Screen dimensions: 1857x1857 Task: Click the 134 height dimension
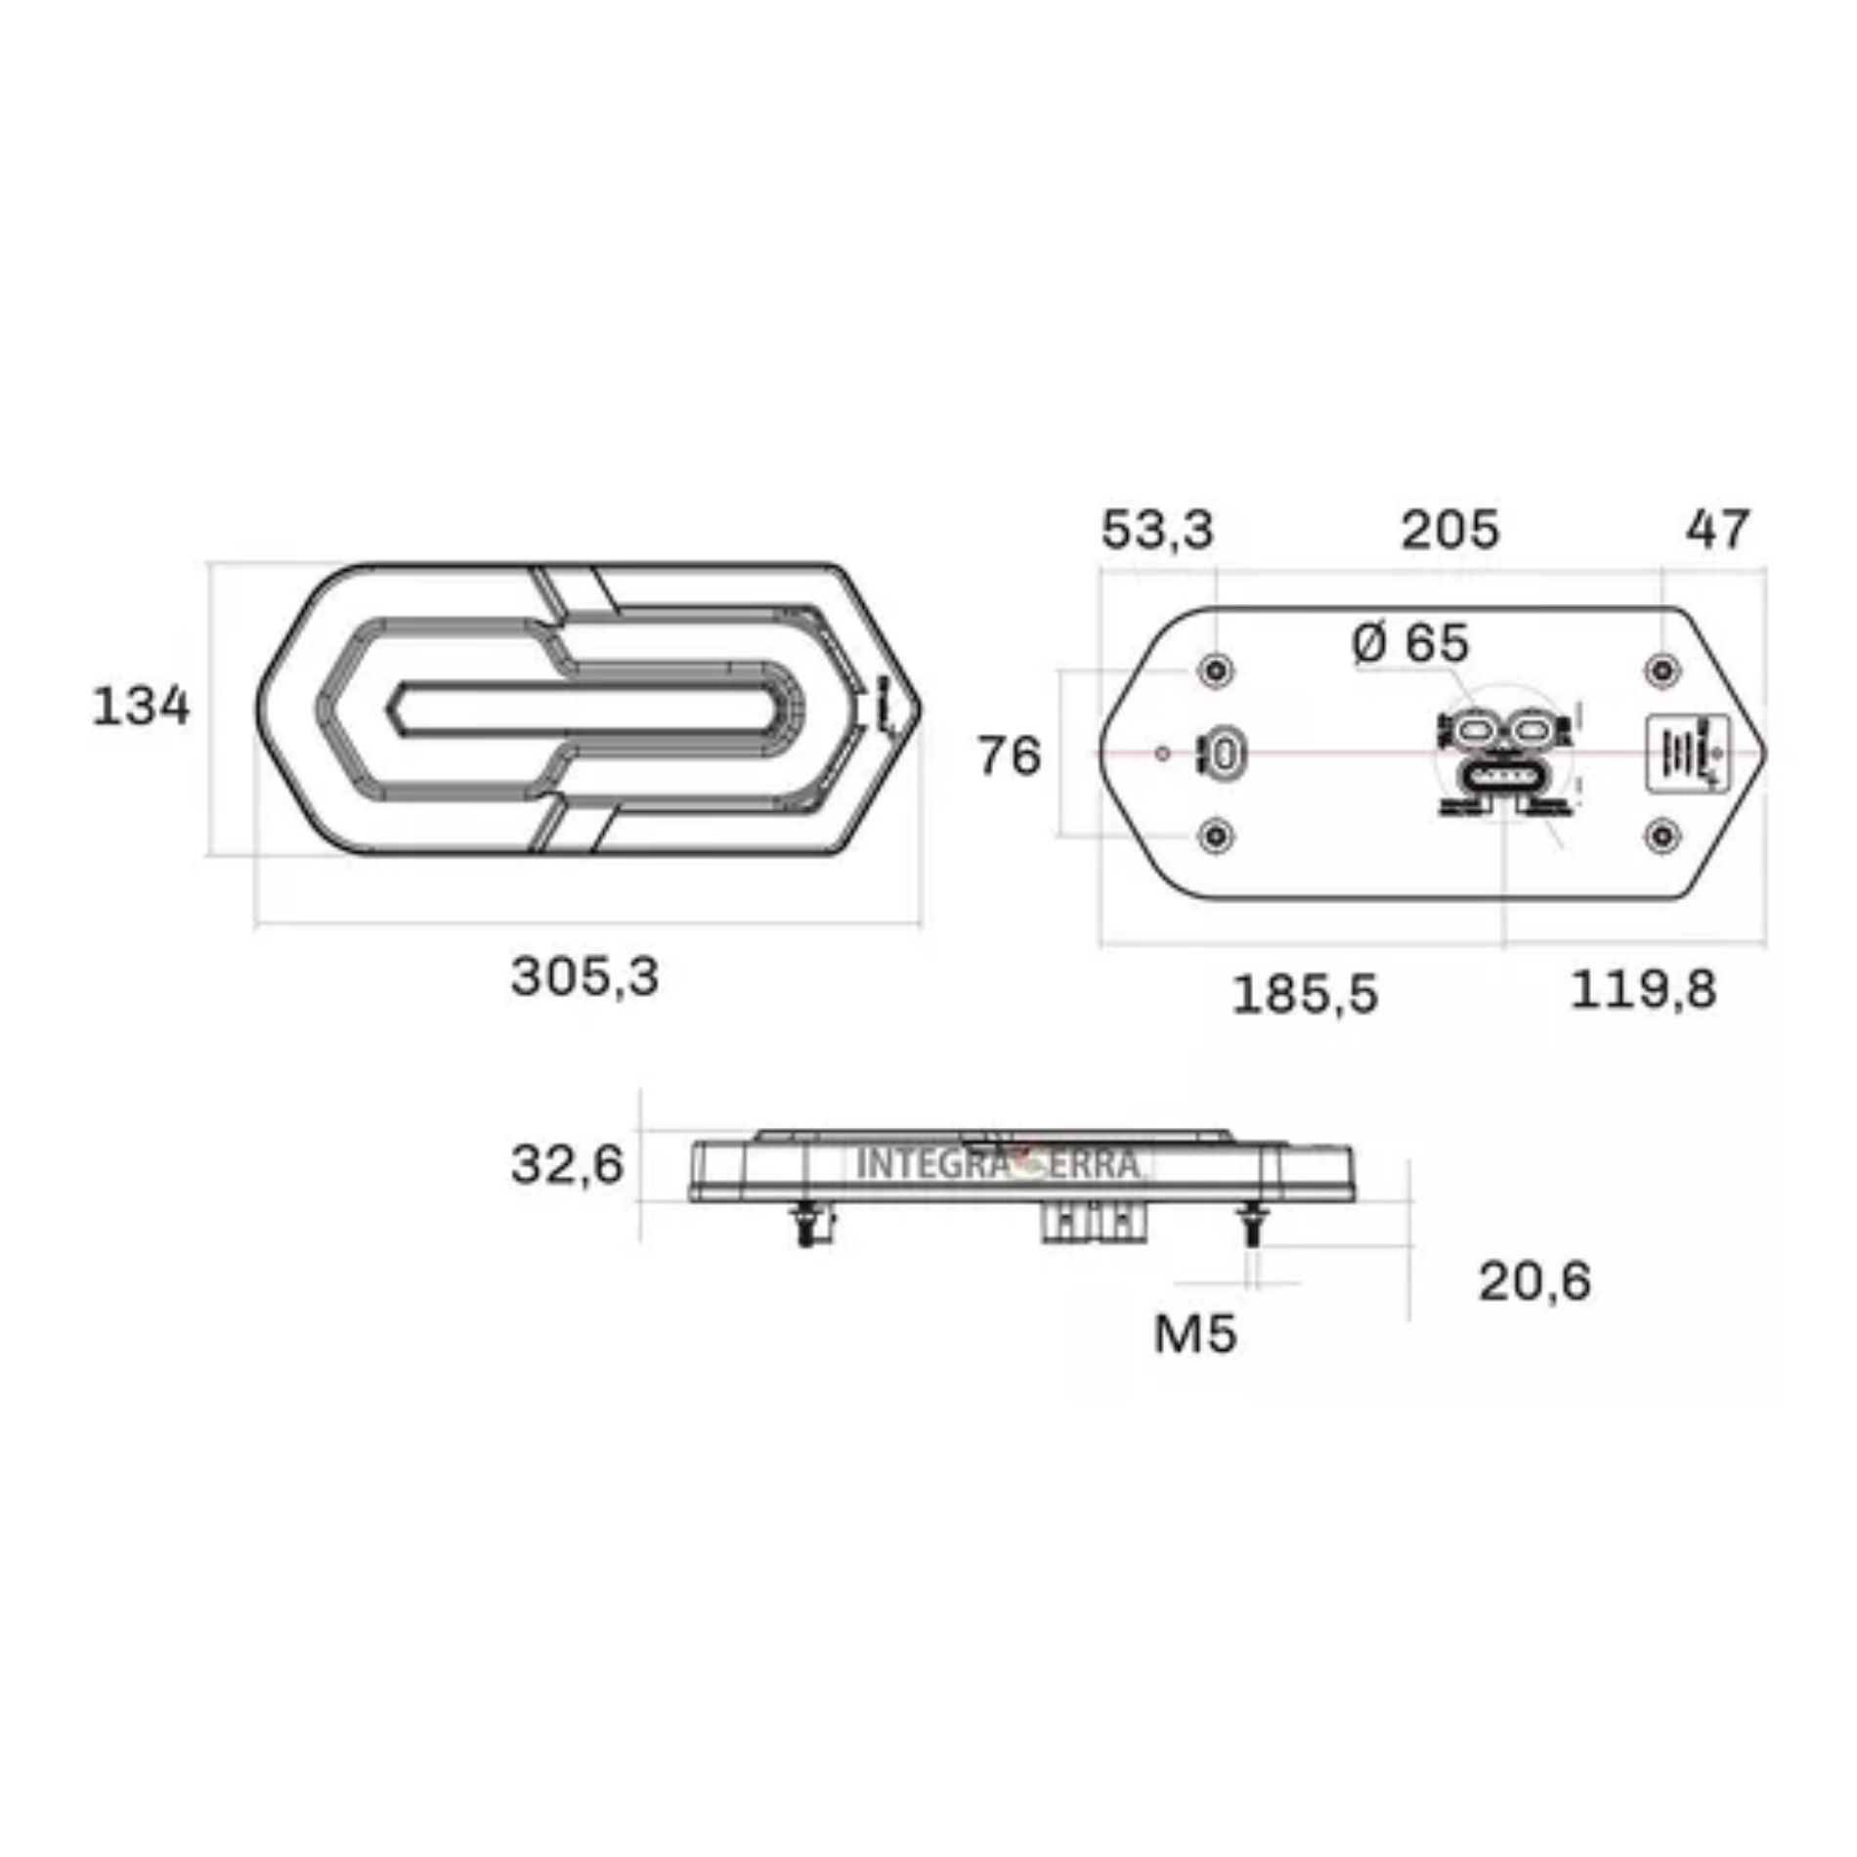tap(141, 707)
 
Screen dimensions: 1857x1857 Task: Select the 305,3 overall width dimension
tap(584, 976)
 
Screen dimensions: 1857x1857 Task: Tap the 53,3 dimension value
tap(1157, 531)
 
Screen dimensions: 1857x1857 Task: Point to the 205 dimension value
tap(1449, 531)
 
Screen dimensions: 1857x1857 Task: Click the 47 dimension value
tap(1717, 531)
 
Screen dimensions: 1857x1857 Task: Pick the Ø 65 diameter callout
tap(1410, 644)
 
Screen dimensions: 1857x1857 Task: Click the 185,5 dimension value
tap(1305, 995)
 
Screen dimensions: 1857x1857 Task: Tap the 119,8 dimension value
tap(1643, 990)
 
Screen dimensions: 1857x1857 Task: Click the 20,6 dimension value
tap(1534, 1281)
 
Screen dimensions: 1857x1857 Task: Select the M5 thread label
tap(1194, 1333)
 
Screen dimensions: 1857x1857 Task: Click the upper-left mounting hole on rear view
tap(1216, 670)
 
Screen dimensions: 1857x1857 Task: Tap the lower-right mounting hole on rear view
tap(1663, 836)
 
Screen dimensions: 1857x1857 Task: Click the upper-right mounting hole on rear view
tap(1663, 670)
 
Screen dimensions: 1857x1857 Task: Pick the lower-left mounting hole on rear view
tap(1216, 836)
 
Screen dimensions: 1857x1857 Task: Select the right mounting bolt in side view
tap(1251, 1226)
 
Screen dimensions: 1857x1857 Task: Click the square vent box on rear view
tap(1687, 754)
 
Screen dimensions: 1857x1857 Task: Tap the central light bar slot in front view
tap(584, 708)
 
